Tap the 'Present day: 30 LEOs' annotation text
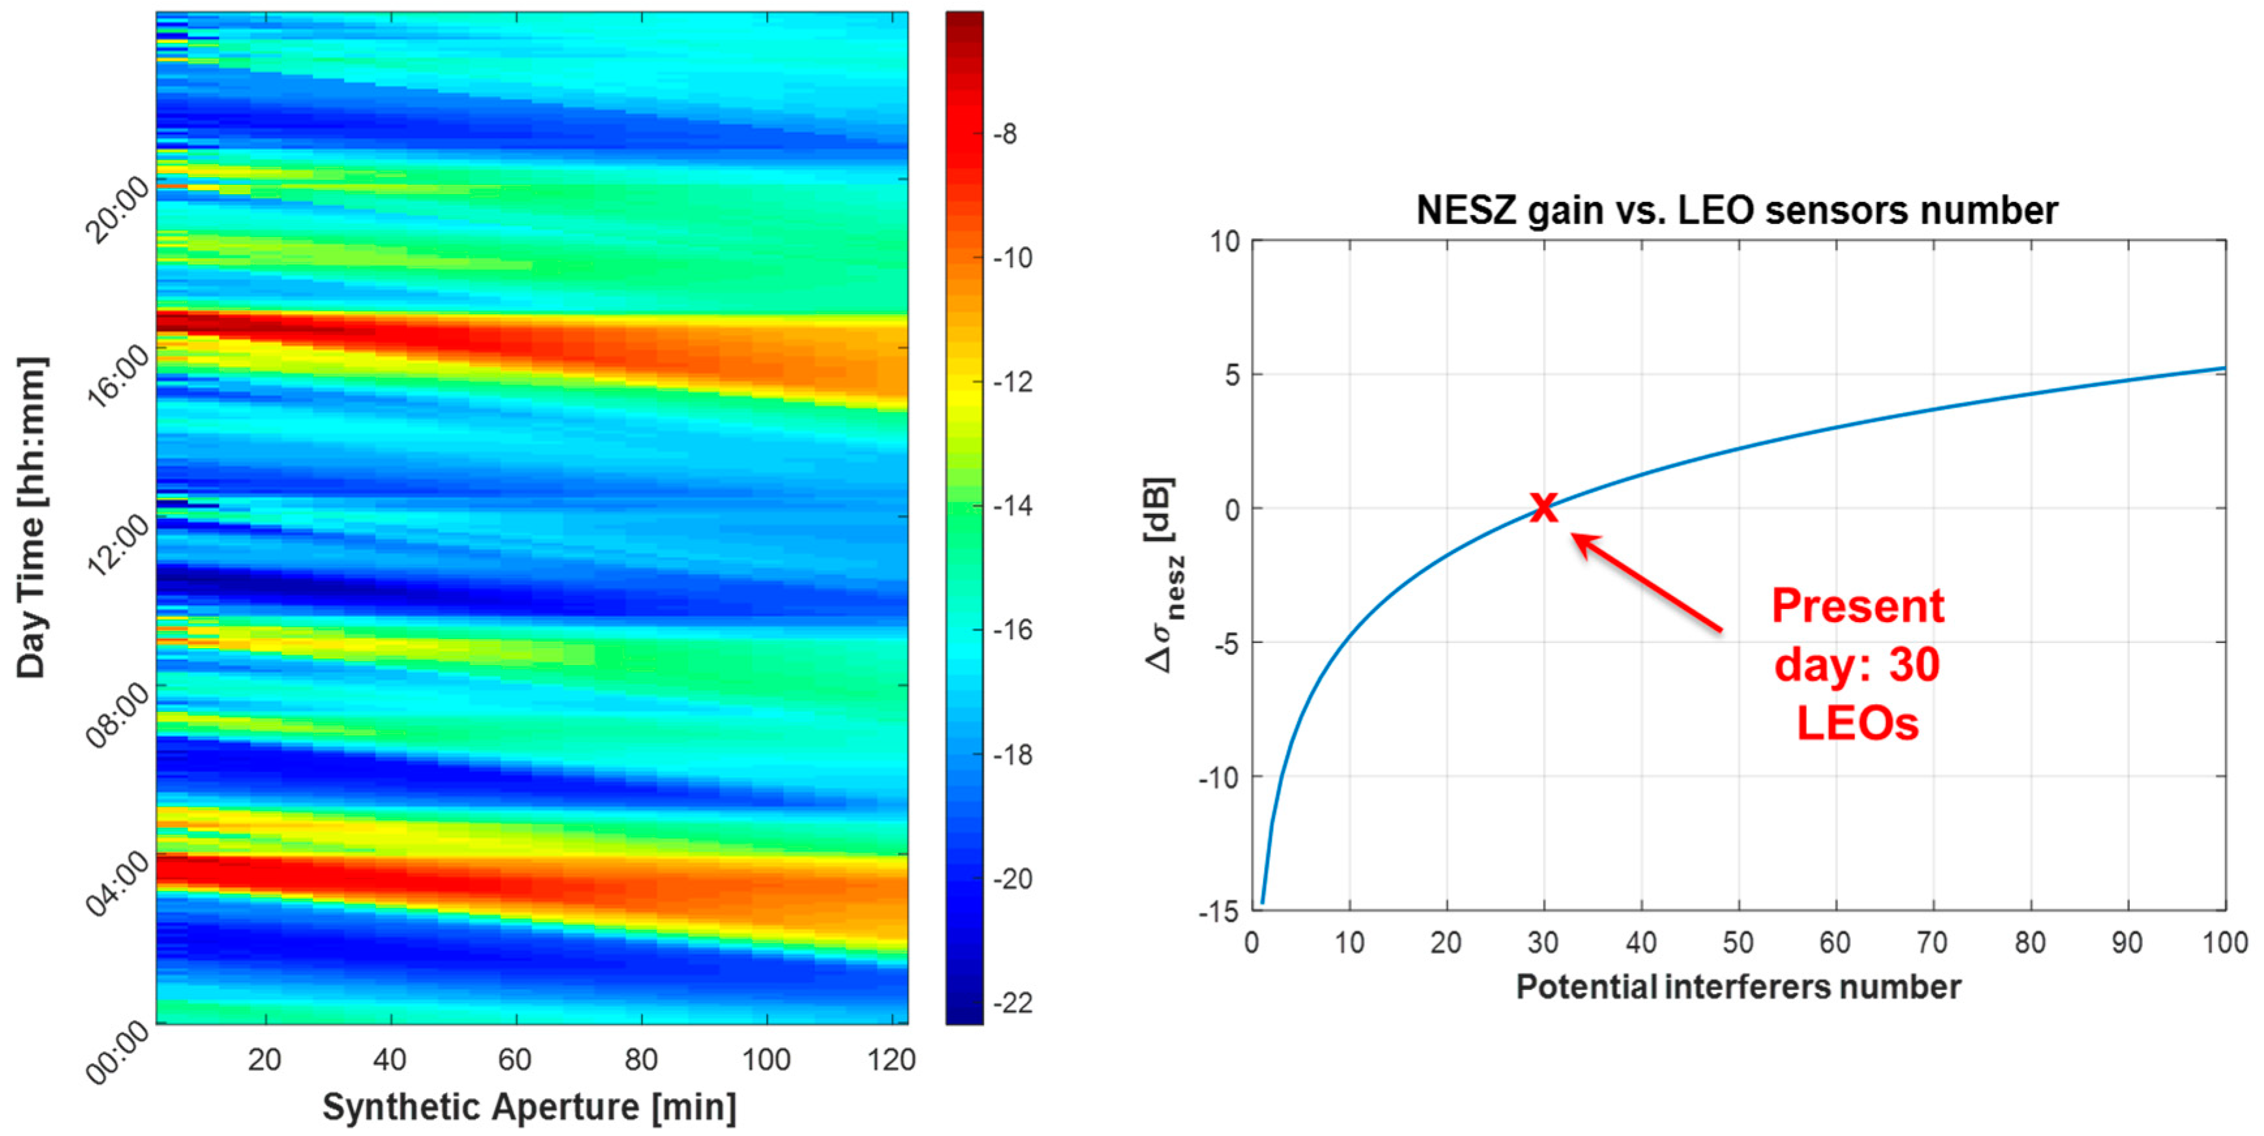1857,664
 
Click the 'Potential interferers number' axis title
1738,987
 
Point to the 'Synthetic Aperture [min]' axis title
529,1106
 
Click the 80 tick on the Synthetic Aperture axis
640,1060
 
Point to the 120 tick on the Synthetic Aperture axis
891,1060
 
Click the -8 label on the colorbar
1005,134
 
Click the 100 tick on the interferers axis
2224,943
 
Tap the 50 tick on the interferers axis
1738,943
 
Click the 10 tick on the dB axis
1224,241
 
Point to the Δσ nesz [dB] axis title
1164,575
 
